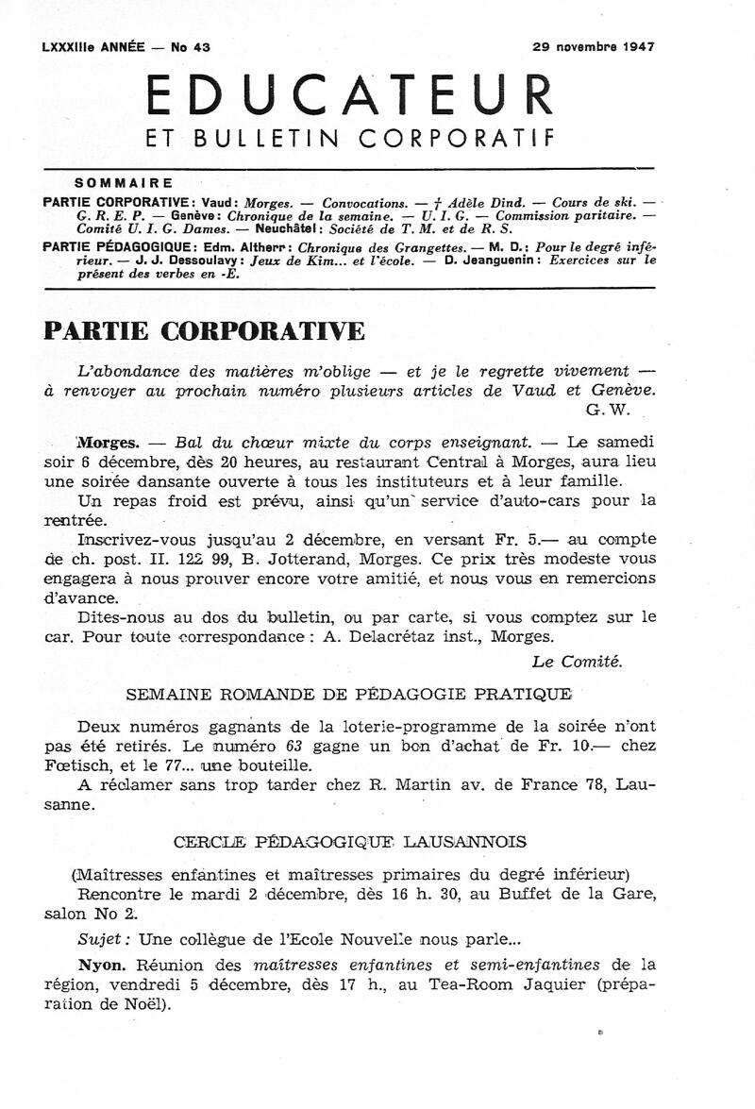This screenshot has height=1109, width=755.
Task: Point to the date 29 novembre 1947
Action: pos(594,46)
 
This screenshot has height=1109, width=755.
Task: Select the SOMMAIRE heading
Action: pos(123,183)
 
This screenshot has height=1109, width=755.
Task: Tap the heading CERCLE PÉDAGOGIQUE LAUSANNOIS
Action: pos(350,840)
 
